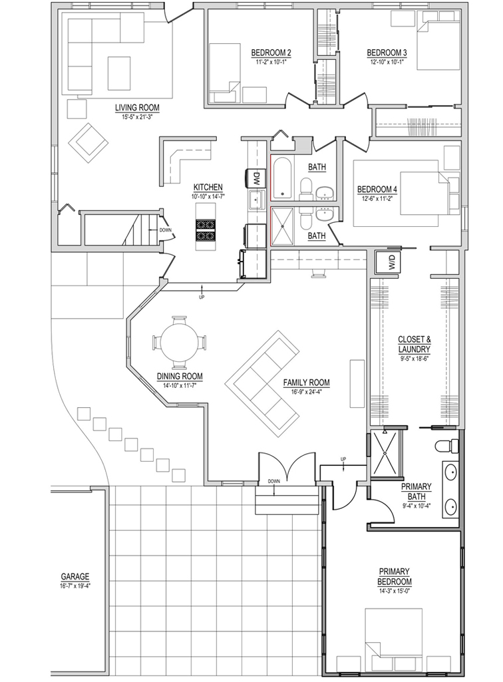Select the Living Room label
click(x=137, y=107)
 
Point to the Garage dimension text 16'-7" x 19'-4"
click(x=75, y=585)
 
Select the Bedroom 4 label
click(x=377, y=190)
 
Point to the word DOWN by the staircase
click(x=166, y=230)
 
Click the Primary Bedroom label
click(x=395, y=576)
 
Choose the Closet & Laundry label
click(x=415, y=344)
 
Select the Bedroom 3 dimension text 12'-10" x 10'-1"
click(x=387, y=62)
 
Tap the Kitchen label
click(x=208, y=188)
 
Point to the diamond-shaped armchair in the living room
click(x=88, y=143)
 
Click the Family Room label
click(x=306, y=383)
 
